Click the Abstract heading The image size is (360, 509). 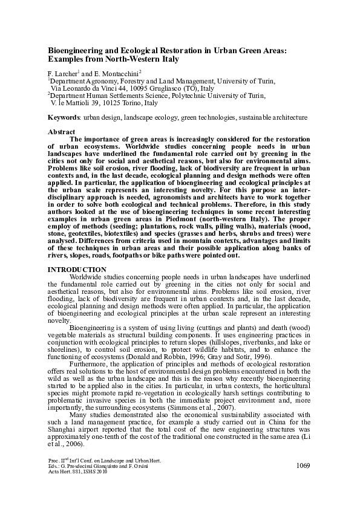pyautogui.click(x=61, y=132)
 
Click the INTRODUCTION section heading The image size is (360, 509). pyautogui.click(x=77, y=269)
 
